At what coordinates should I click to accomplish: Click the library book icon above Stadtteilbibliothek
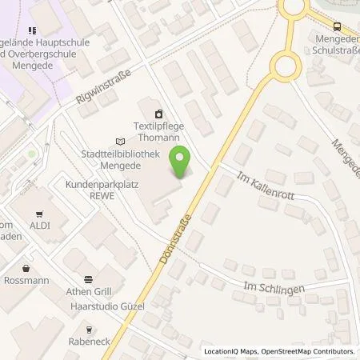[x=120, y=138]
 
